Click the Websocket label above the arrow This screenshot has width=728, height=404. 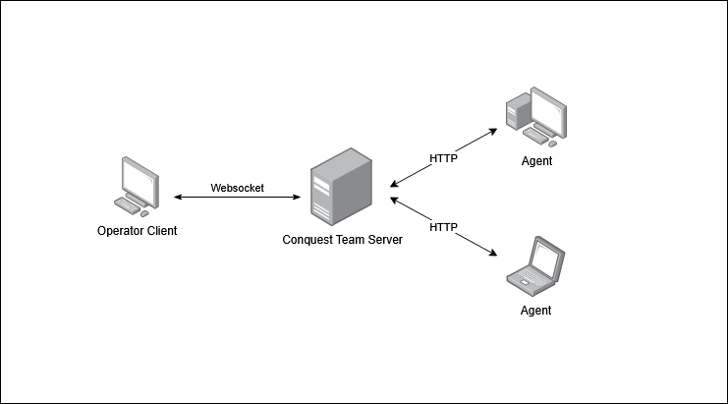238,188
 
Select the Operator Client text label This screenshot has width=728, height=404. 138,231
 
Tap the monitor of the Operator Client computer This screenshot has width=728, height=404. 139,177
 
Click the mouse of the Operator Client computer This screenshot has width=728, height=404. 145,212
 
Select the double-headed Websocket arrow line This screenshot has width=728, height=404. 238,198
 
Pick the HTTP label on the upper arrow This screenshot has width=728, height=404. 444,157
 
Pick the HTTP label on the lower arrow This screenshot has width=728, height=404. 444,227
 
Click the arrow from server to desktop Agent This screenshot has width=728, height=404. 444,155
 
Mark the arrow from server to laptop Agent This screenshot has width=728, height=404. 442,227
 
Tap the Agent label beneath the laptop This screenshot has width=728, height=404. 535,311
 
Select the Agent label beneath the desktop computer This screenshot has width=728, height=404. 536,160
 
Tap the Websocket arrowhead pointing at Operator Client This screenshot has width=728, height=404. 179,198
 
